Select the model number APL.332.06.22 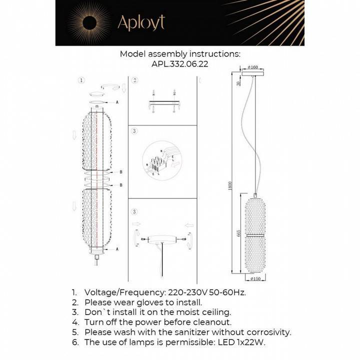(179, 64)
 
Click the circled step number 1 (82, 80)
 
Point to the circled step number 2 (134, 80)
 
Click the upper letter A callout (117, 102)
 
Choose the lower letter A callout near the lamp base (117, 248)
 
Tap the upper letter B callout (121, 172)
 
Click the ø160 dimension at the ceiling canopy (253, 66)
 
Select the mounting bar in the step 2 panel (162, 104)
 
